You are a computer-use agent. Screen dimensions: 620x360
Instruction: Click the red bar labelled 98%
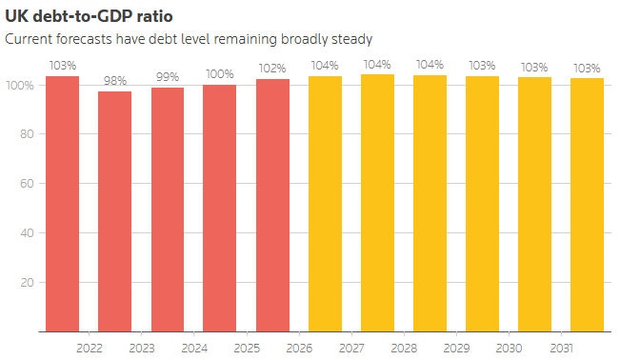coord(114,211)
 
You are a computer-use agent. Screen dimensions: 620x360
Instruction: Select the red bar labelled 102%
coord(272,206)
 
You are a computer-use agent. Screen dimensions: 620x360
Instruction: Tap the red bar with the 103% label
coord(63,204)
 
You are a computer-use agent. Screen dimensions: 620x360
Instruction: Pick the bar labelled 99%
coord(168,210)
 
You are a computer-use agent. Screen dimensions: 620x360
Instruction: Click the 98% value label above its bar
coord(115,81)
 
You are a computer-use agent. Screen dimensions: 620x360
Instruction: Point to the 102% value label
coord(272,69)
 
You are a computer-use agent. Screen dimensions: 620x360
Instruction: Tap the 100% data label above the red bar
coord(220,74)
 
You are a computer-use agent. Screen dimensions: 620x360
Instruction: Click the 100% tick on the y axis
coord(20,86)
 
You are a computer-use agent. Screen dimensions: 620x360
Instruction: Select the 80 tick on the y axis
coord(27,134)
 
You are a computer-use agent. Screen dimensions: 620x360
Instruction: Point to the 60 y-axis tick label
coord(27,184)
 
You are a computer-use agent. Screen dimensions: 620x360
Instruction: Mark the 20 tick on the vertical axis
coord(27,283)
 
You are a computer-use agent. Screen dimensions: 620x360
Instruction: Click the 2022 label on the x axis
coord(90,349)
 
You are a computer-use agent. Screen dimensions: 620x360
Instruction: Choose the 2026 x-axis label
coord(299,349)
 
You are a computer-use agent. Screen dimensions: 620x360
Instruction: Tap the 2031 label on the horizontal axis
coord(562,349)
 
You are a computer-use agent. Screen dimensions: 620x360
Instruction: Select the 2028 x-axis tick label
coord(404,349)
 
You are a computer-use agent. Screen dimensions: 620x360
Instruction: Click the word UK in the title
coord(16,16)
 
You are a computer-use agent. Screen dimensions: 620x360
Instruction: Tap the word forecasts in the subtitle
coord(84,39)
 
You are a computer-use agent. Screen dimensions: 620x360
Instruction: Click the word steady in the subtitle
coord(352,40)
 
